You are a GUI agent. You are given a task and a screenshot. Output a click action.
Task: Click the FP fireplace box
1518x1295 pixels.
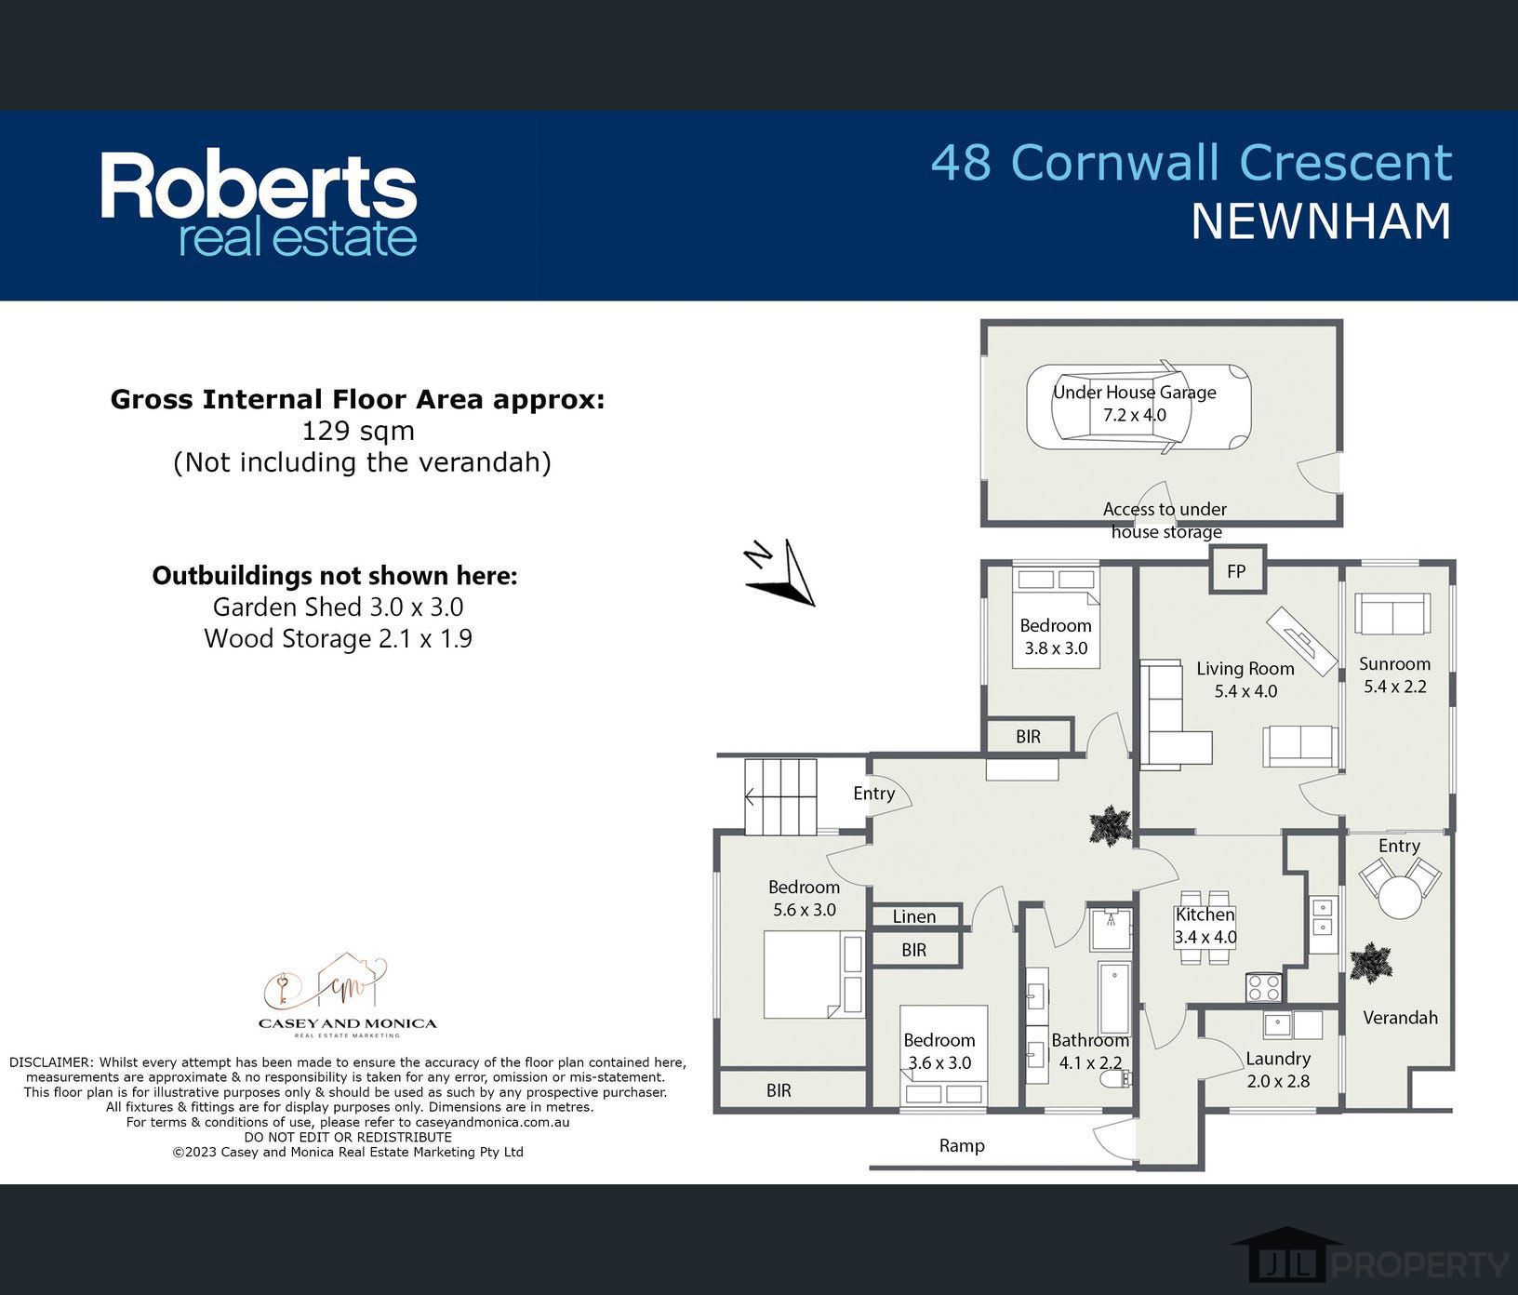tap(1236, 570)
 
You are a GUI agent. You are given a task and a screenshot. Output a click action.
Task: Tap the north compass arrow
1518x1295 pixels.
tap(781, 572)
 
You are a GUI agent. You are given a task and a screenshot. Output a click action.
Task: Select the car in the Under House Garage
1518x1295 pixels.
tap(1138, 408)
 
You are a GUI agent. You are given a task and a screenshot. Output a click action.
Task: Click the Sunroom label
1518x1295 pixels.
tap(1394, 663)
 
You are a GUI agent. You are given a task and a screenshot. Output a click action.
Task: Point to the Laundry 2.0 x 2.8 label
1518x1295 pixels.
tap(1278, 1070)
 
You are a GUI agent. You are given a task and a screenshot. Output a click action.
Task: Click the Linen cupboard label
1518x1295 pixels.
tap(914, 916)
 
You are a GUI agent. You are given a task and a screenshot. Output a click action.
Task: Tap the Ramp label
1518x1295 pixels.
tap(962, 1145)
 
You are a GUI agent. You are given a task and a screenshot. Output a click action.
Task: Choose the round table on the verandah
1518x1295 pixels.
tap(1400, 897)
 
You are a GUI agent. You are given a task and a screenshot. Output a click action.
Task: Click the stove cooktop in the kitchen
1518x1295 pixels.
tap(1264, 987)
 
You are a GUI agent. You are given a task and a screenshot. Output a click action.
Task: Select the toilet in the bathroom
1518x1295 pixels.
tap(1115, 1079)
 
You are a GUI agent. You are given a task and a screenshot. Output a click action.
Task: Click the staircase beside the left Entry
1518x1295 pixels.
tap(780, 797)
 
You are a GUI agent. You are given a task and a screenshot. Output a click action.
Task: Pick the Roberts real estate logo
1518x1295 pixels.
tap(259, 204)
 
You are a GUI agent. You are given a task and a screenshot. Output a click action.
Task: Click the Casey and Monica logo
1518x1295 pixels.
tap(347, 995)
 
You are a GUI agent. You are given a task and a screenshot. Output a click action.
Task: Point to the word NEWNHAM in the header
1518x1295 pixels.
tap(1321, 220)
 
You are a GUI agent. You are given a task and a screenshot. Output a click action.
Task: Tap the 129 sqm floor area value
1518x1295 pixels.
tap(358, 431)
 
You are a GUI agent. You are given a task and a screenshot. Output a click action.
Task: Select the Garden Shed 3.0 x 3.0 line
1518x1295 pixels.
tap(338, 607)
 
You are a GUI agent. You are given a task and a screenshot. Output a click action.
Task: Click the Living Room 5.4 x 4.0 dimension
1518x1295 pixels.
tap(1245, 691)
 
